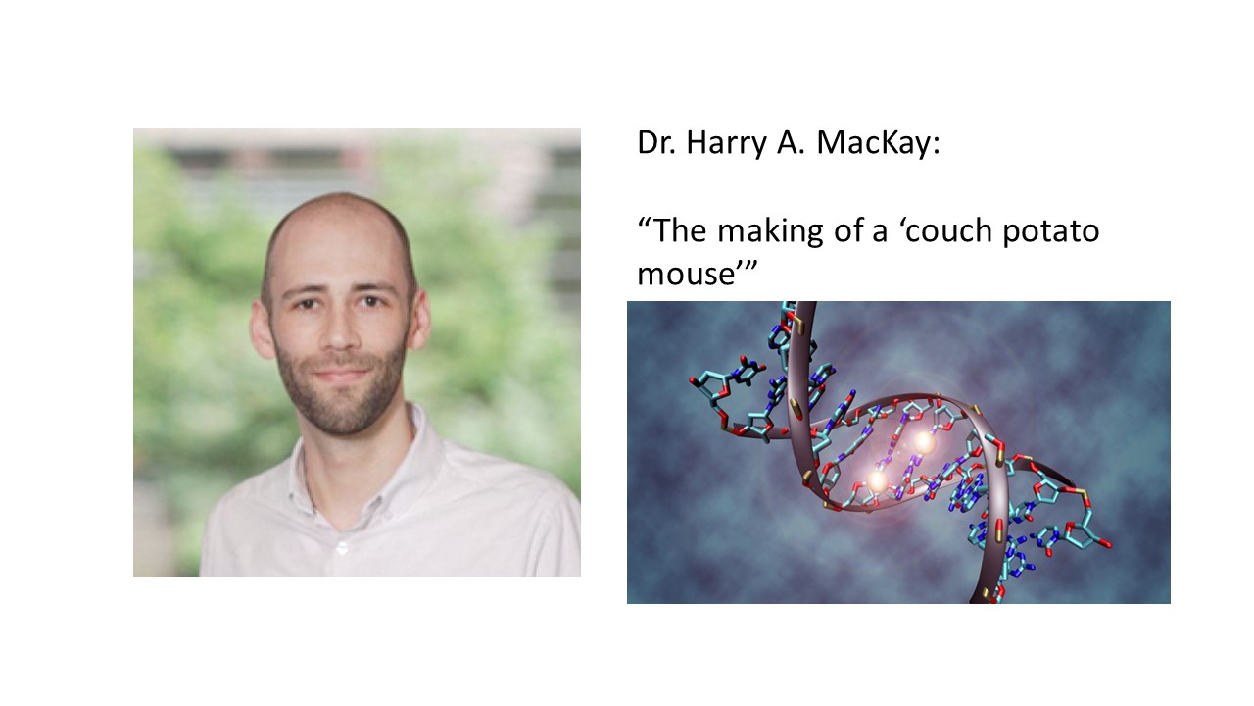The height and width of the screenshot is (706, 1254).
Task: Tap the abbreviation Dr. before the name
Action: point(656,142)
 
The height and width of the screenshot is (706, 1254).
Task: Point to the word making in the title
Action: point(770,232)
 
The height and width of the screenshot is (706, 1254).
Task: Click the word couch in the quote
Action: point(948,230)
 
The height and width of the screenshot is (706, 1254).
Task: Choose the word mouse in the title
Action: point(686,276)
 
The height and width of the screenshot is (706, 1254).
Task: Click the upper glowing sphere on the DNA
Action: point(924,443)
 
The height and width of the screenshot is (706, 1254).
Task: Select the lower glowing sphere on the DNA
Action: point(877,480)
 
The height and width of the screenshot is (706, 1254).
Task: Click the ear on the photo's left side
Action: point(262,329)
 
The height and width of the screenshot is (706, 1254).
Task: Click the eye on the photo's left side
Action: point(307,304)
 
